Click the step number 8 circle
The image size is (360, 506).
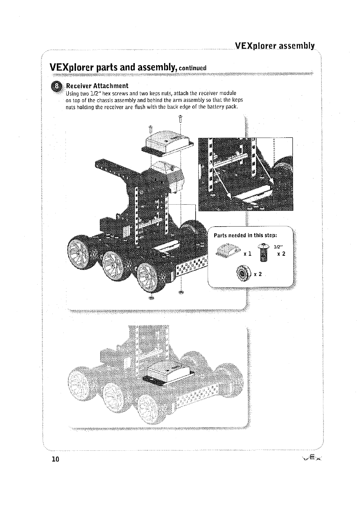point(56,86)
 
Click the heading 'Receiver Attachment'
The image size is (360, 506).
point(97,86)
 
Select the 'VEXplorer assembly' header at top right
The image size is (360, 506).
point(275,46)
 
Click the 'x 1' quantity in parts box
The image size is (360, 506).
point(248,254)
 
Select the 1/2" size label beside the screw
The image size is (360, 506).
point(278,247)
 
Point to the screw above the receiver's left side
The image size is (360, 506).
point(151,129)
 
